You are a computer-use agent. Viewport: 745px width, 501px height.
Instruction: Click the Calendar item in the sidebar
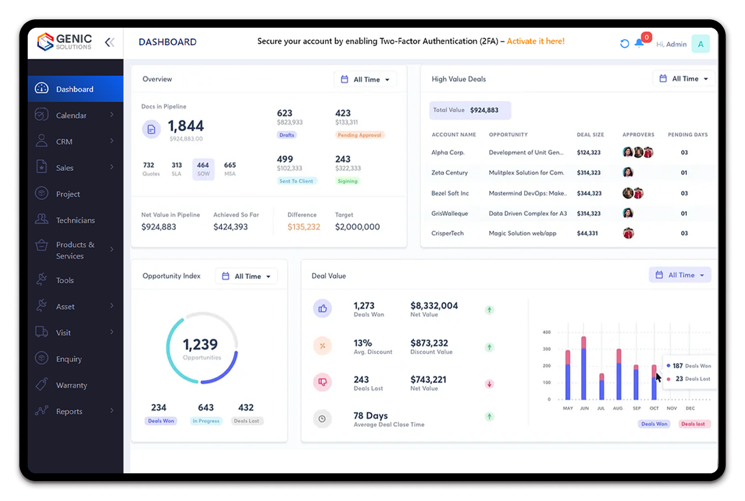pos(71,115)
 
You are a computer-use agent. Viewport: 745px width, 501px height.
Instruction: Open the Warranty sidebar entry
pos(71,385)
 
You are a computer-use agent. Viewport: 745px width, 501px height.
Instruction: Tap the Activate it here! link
pos(536,41)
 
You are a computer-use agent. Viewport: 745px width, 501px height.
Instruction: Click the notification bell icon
pos(639,44)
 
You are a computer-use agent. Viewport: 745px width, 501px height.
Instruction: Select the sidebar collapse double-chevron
pos(110,42)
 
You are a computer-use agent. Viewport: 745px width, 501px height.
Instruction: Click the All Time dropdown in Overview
pos(366,79)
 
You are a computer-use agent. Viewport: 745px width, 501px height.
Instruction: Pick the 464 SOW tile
pos(203,169)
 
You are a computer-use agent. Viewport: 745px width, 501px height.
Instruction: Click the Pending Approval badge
pos(359,135)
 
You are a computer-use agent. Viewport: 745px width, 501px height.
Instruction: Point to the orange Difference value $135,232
pos(304,227)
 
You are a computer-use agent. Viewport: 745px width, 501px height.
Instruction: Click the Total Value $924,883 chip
pos(470,110)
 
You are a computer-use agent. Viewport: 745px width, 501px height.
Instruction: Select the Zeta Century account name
pos(449,173)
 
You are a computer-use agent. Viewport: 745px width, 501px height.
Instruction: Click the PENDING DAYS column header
pos(687,135)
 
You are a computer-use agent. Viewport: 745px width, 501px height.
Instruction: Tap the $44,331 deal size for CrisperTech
pos(587,234)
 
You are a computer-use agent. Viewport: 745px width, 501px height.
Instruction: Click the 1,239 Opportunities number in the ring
pos(201,345)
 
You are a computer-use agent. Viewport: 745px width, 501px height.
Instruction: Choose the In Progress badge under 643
pos(206,421)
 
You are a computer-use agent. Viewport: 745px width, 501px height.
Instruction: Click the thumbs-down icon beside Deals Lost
pos(322,382)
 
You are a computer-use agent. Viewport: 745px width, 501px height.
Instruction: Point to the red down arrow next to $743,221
pos(489,384)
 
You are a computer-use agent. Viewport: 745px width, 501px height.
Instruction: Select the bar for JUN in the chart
pos(584,368)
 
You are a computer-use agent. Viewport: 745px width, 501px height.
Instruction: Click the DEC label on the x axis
pos(690,408)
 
